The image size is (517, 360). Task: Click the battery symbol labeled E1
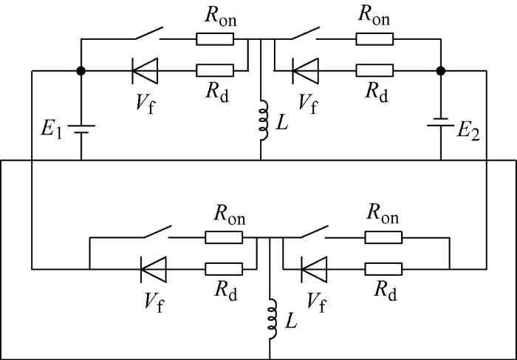point(81,129)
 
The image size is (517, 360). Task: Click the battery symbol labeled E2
point(441,122)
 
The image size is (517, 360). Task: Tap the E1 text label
point(52,129)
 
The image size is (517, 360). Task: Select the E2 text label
point(468,132)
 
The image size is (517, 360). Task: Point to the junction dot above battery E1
point(81,71)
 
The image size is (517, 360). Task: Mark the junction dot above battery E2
point(441,71)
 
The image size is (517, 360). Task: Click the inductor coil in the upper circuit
point(264,120)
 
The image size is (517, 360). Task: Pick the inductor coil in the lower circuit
point(273,319)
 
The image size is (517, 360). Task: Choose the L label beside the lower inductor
point(290,320)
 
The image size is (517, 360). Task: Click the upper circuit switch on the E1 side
point(148,34)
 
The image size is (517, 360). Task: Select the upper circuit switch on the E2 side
point(305,34)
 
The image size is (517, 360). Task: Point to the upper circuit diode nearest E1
point(145,71)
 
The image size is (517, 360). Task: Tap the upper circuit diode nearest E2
point(305,71)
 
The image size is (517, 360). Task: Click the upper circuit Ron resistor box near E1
point(215,39)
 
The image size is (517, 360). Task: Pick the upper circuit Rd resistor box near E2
point(374,71)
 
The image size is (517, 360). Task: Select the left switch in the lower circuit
point(157,232)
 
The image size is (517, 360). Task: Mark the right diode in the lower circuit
point(314,269)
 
